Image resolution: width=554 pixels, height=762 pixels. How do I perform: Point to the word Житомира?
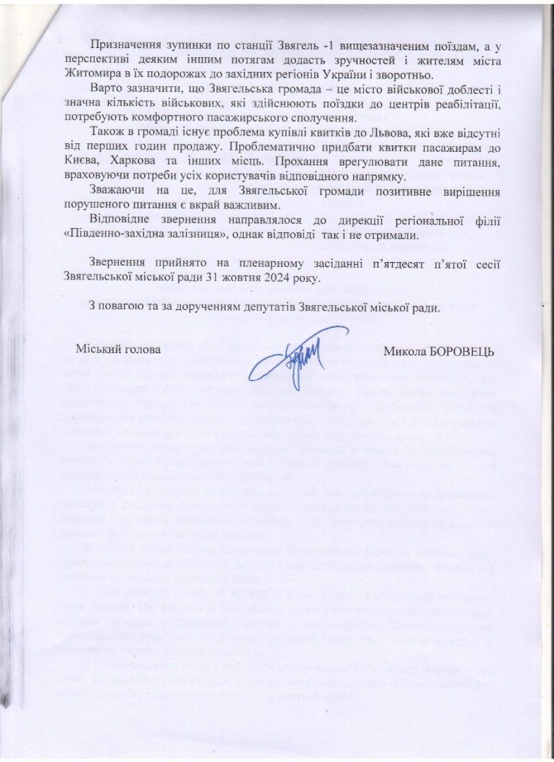tap(87, 76)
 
